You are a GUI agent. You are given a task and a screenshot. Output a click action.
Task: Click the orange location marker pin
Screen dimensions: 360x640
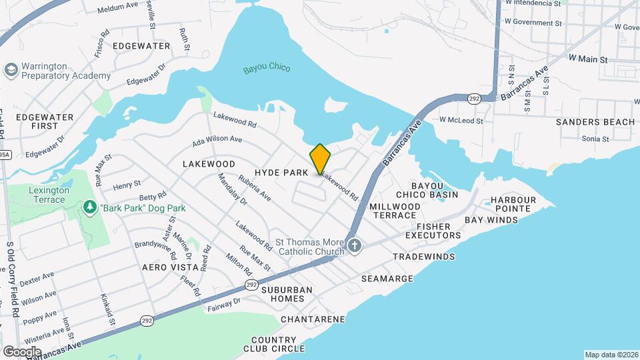(320, 159)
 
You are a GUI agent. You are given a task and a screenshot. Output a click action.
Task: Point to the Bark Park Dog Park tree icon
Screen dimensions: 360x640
(90, 208)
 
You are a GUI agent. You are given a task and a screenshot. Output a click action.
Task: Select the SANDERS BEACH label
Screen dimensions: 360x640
(595, 122)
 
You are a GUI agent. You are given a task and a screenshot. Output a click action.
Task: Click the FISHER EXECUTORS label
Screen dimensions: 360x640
(433, 230)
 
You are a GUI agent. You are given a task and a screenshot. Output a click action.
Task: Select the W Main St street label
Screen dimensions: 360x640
(588, 59)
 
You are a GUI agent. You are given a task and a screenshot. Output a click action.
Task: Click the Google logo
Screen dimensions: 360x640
(21, 351)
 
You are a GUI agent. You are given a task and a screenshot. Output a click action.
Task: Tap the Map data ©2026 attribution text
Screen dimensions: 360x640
(611, 355)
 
